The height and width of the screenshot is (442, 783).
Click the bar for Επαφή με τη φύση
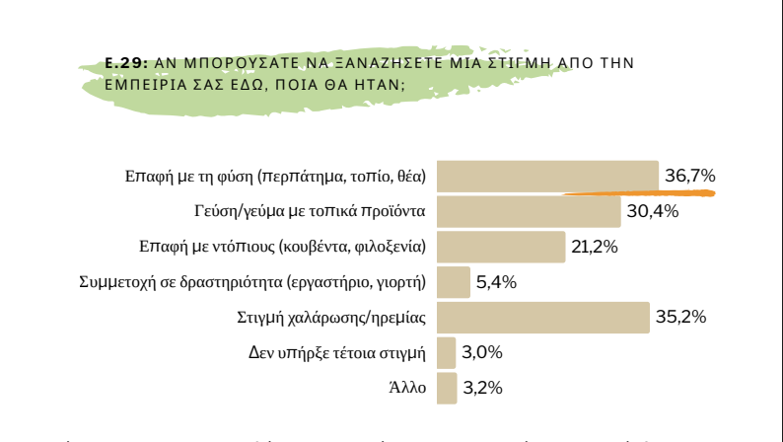pyautogui.click(x=547, y=176)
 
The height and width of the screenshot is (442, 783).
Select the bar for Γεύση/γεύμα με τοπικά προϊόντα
pyautogui.click(x=529, y=211)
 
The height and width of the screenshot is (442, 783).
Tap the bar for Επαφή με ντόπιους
pyautogui.click(x=500, y=247)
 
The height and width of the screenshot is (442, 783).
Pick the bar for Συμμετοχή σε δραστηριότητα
pyautogui.click(x=453, y=282)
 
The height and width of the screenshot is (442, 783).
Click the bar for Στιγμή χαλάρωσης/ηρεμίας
pyautogui.click(x=542, y=317)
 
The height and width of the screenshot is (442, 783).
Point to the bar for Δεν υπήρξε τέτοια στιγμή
pyautogui.click(x=446, y=352)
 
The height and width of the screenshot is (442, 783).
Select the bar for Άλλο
pyautogui.click(x=447, y=388)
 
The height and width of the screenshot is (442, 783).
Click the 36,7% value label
pyautogui.click(x=689, y=176)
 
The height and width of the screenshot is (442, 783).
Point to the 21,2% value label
pyautogui.click(x=595, y=247)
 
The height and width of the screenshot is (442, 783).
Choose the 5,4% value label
pyautogui.click(x=496, y=282)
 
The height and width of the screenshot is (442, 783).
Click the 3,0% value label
pyautogui.click(x=482, y=352)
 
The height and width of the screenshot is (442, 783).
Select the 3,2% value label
pyautogui.click(x=483, y=388)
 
